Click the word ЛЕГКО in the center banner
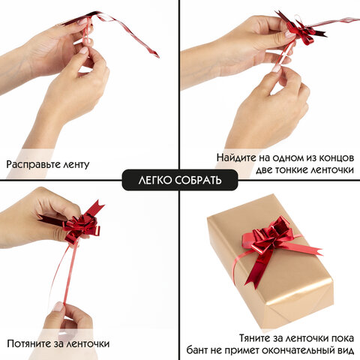154,181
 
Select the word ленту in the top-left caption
85,163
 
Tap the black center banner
180,181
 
